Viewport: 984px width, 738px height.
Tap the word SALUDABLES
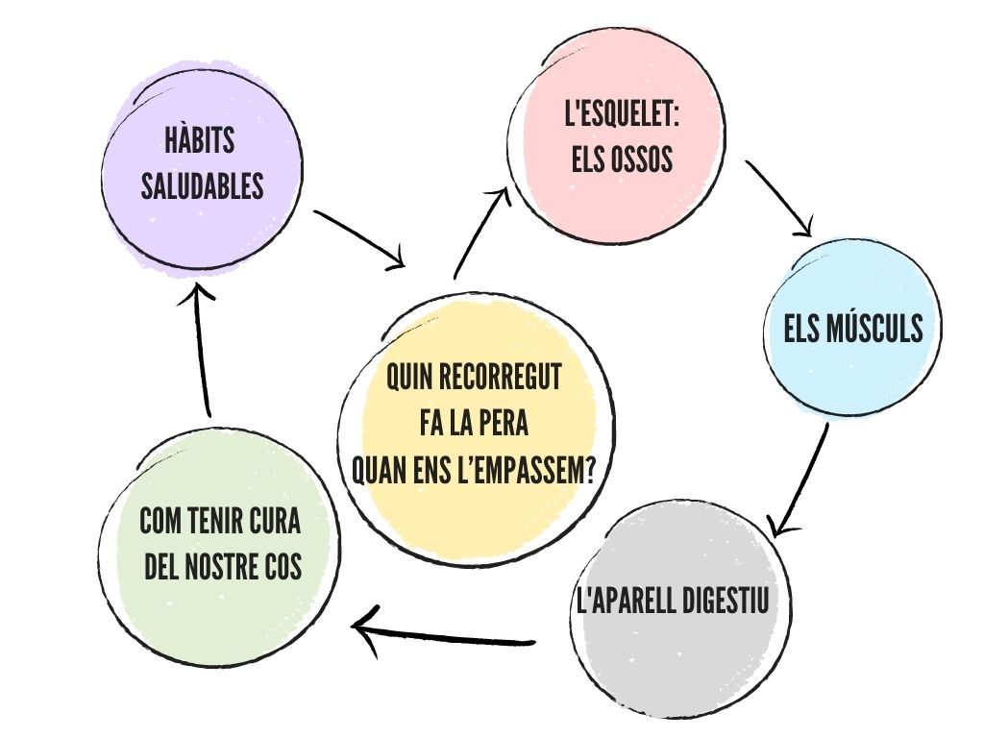point(202,185)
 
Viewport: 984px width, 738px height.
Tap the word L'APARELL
point(623,600)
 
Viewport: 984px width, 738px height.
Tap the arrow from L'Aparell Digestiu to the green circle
point(443,635)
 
